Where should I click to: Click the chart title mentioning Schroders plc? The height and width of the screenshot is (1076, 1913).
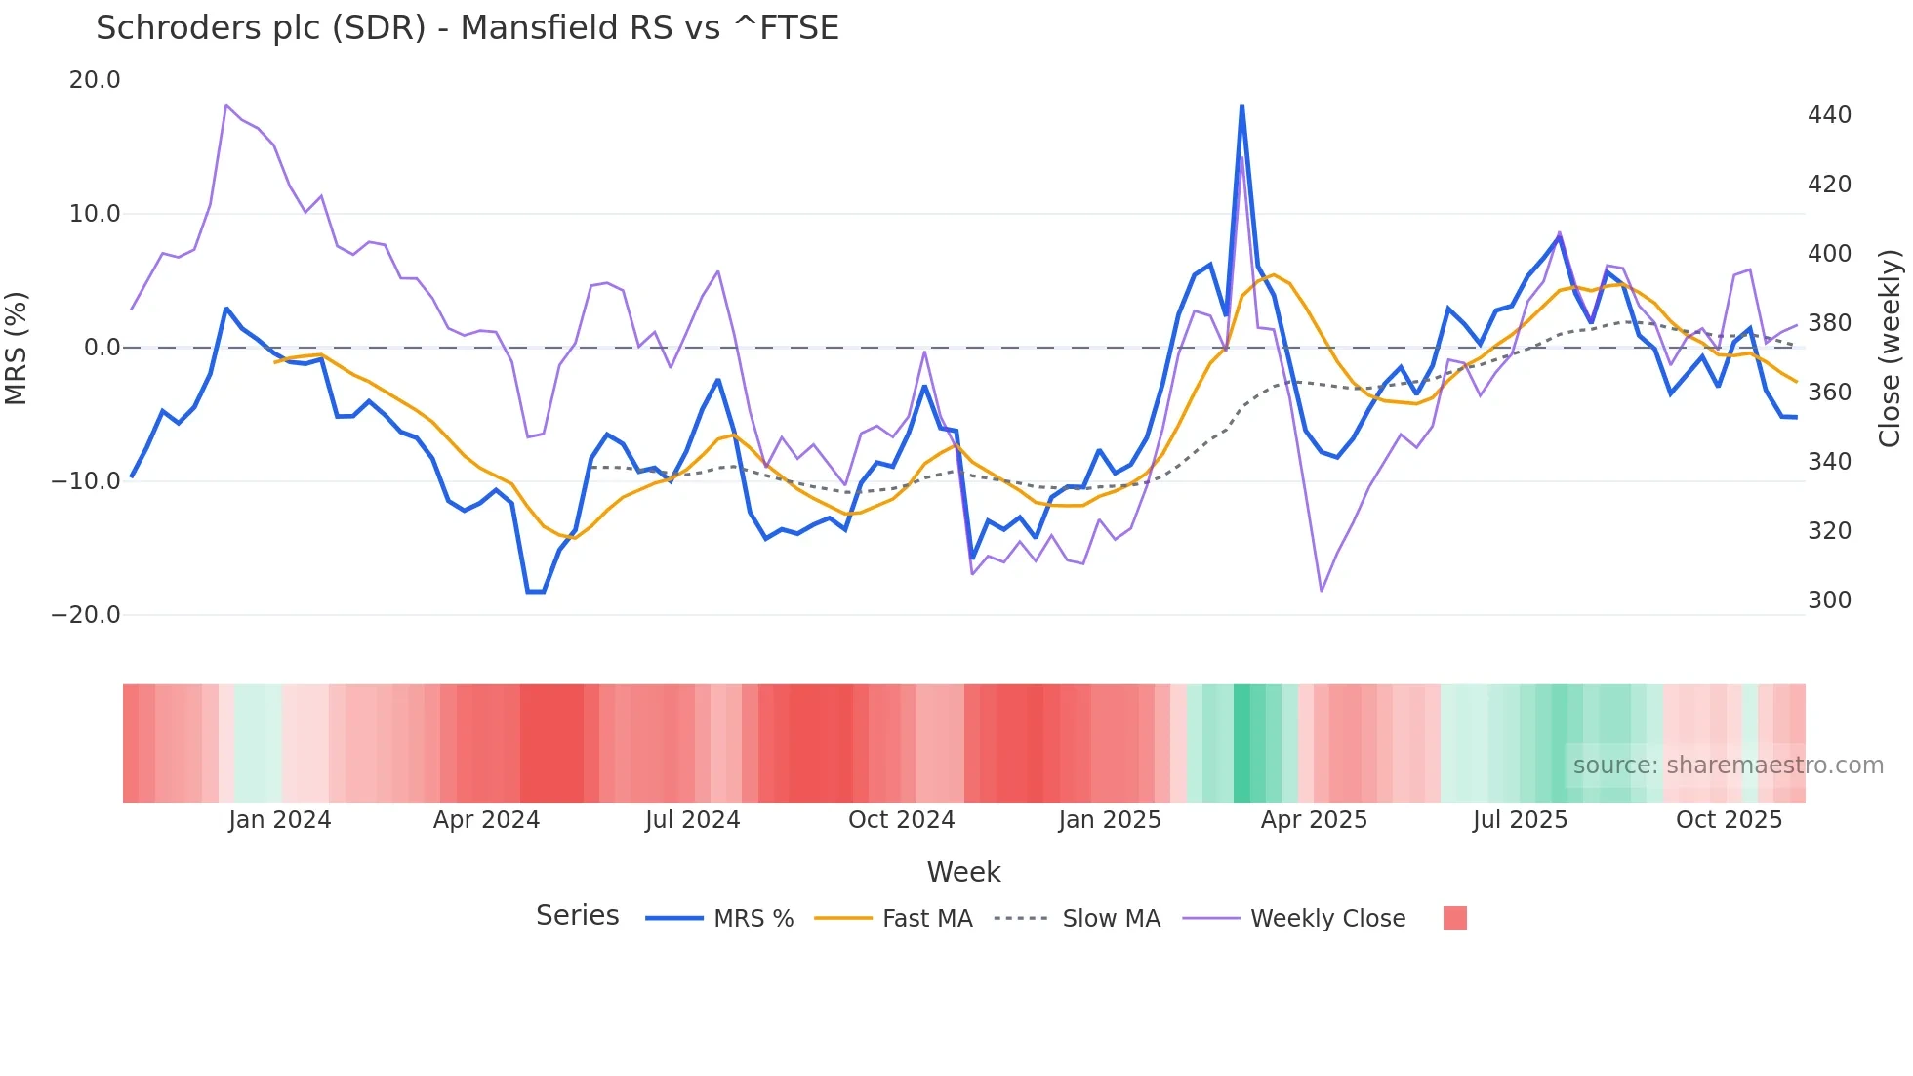pos(467,28)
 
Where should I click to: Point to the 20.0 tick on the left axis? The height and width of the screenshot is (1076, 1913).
pos(95,80)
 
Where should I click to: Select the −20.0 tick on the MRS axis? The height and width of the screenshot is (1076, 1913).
pos(86,615)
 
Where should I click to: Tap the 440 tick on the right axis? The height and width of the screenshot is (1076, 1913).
pos(1829,115)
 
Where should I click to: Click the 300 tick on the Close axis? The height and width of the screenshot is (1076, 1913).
pos(1829,600)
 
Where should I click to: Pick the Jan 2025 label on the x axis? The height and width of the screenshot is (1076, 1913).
pos(1110,820)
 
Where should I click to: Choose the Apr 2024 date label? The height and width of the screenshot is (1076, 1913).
pos(486,820)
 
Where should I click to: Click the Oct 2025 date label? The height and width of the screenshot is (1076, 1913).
pos(1729,820)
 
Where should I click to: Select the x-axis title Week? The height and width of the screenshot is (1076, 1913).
pos(963,872)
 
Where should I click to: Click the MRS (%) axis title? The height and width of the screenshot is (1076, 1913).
pos(17,348)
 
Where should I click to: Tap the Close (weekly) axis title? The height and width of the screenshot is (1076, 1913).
pos(1891,348)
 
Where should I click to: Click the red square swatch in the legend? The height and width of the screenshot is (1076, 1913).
pos(1454,918)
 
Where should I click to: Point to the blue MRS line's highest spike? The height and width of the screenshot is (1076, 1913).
pos(1241,106)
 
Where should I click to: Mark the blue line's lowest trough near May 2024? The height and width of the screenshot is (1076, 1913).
pos(535,592)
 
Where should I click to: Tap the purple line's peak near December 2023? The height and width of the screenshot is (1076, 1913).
pos(226,105)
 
